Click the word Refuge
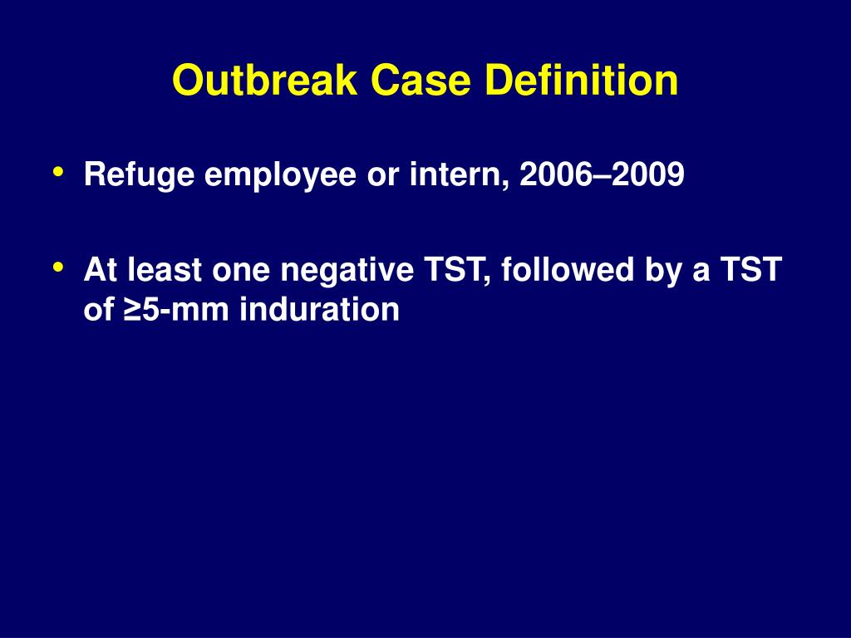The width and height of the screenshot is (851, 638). [x=139, y=175]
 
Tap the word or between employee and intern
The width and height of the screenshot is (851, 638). [x=381, y=175]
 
